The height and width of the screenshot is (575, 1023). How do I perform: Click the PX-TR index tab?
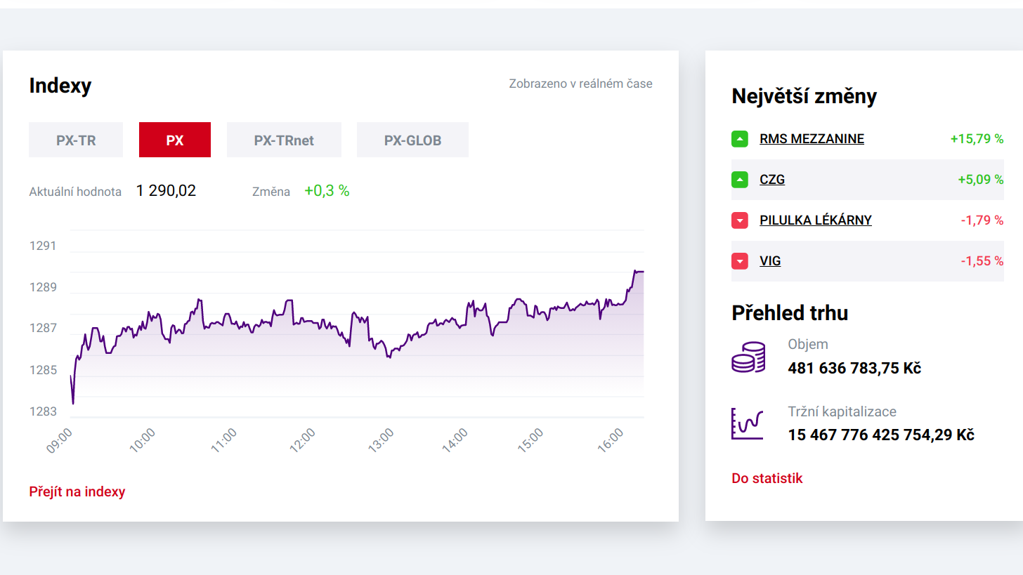coord(76,140)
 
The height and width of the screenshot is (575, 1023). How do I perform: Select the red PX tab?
coord(175,140)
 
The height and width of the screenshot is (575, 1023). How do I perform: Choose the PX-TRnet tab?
coord(284,140)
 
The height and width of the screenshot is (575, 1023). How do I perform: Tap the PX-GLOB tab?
coord(412,140)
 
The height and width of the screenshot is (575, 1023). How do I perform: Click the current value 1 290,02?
coord(166,190)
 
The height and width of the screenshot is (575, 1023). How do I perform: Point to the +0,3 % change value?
coord(327,190)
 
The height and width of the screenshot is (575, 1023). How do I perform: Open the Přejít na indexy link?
coord(77,491)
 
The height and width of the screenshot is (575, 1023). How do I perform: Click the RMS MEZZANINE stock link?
coord(812,139)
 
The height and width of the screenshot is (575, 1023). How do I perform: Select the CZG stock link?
coord(772,180)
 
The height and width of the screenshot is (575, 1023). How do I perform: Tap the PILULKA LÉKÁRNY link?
coord(815,220)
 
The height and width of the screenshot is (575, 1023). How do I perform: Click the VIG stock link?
coord(770,261)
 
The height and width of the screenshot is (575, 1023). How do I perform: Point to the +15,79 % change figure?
coord(977,139)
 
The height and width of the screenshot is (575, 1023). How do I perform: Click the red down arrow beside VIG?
coord(740,261)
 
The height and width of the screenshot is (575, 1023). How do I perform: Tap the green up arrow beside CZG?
coord(740,180)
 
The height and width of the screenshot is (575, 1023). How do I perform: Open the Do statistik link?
coord(767,478)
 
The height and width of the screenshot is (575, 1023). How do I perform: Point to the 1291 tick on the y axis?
coord(43,246)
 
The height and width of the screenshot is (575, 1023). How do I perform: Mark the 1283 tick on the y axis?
coord(43,411)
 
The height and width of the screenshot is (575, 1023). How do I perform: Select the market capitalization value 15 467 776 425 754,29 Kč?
coord(881,435)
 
